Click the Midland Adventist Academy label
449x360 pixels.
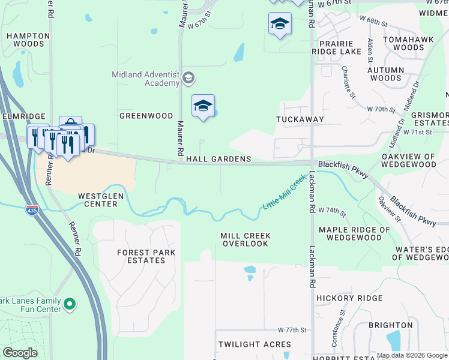click(x=145, y=79)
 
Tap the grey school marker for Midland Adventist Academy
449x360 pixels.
click(x=188, y=77)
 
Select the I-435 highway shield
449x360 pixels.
click(x=32, y=210)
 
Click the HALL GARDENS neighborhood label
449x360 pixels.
click(x=218, y=159)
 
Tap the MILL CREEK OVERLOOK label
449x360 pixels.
click(x=246, y=240)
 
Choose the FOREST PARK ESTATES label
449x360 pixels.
click(x=146, y=257)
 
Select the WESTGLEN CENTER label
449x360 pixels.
click(x=97, y=200)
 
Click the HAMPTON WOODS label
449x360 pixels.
click(x=28, y=40)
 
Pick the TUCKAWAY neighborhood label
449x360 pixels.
click(x=300, y=119)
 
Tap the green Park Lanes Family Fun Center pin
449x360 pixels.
click(x=70, y=305)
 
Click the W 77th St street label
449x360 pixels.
click(x=292, y=331)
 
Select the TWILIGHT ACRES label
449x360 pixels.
click(x=255, y=344)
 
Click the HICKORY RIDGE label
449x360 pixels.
click(x=349, y=298)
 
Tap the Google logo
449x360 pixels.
click(x=20, y=353)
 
